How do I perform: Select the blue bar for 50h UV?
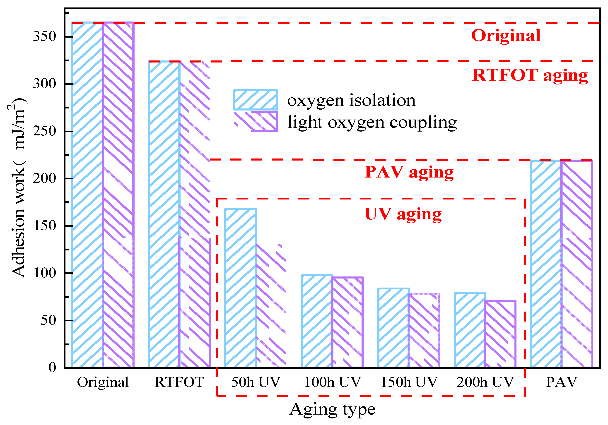pyautogui.click(x=240, y=288)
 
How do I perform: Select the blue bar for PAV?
pyautogui.click(x=546, y=265)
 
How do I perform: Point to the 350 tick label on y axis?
pyautogui.click(x=44, y=36)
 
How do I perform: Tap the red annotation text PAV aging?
pyautogui.click(x=409, y=172)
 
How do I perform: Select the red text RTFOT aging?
pyautogui.click(x=530, y=75)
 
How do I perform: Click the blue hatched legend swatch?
pyautogui.click(x=255, y=100)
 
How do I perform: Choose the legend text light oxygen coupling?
pyautogui.click(x=372, y=122)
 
